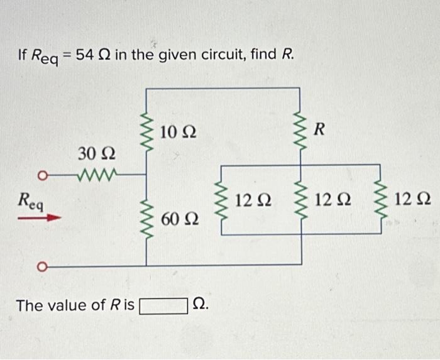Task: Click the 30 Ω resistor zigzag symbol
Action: (96, 172)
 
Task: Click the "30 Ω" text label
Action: (96, 153)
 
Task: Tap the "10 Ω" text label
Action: (178, 132)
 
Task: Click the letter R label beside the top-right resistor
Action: (320, 130)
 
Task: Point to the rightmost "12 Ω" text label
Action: (412, 200)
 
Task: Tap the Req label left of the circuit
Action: (30, 200)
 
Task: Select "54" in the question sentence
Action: (87, 55)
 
